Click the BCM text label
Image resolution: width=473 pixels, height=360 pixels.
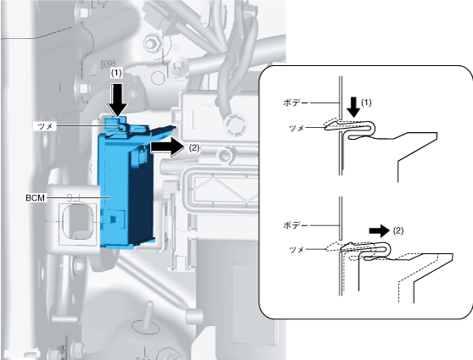36,198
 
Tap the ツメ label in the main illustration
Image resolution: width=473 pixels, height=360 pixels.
45,126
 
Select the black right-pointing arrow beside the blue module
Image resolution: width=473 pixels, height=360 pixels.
167,148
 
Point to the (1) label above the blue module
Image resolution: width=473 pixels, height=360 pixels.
116,73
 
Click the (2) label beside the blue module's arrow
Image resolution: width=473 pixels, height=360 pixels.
193,147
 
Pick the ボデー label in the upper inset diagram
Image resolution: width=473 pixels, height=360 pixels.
295,102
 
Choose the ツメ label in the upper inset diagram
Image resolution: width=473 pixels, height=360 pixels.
296,128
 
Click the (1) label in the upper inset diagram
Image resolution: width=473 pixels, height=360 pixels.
366,102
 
